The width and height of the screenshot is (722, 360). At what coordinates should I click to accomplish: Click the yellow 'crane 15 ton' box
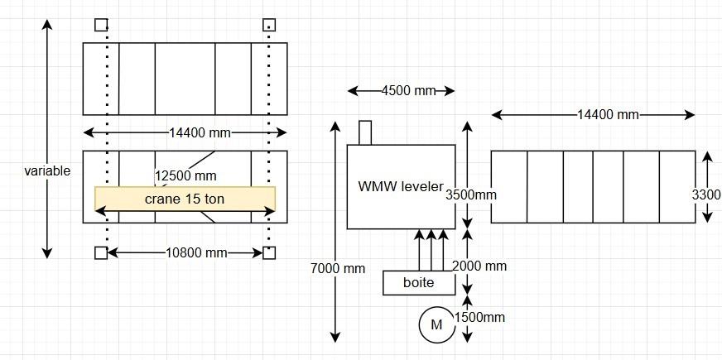tap(185, 199)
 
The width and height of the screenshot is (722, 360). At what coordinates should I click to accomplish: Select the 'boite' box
tap(419, 282)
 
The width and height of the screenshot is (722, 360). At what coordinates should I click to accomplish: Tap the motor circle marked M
tap(436, 324)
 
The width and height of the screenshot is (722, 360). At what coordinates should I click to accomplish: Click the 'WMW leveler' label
tap(401, 186)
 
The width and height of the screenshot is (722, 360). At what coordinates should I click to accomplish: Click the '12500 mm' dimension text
tap(185, 175)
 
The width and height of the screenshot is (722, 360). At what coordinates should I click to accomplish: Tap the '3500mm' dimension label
tap(470, 195)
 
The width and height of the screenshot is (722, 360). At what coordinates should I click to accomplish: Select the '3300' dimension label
tap(706, 195)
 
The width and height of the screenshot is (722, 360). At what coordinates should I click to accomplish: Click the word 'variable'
tap(47, 171)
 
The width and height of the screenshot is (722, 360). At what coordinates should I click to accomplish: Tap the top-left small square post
tap(101, 25)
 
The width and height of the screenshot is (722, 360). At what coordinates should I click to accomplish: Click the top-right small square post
tap(269, 25)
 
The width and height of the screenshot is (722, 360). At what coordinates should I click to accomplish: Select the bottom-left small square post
tap(101, 252)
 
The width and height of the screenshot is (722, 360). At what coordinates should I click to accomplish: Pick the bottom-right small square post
tap(269, 252)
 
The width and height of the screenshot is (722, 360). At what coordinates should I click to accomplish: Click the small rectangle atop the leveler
tap(366, 132)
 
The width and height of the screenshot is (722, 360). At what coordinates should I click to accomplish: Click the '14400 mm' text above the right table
tap(608, 115)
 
